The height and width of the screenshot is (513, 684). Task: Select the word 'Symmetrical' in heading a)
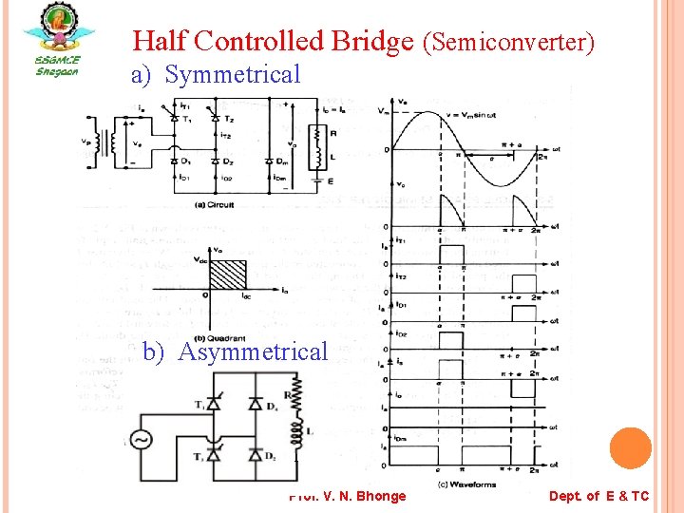[x=233, y=74]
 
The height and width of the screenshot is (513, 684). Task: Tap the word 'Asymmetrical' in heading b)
[x=253, y=352]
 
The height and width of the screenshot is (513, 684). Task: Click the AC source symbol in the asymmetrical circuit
[x=140, y=441]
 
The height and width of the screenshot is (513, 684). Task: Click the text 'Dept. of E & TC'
[x=598, y=496]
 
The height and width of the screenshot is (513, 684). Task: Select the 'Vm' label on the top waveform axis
[x=383, y=111]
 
